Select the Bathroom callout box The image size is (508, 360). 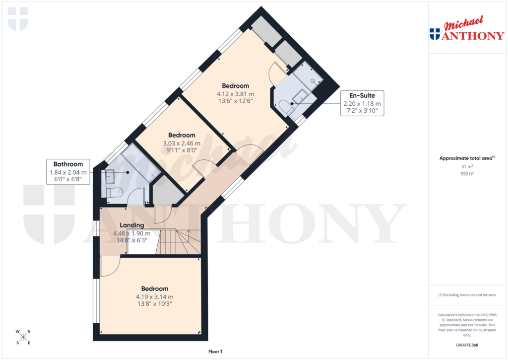click(68, 172)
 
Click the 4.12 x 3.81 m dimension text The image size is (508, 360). click(236, 93)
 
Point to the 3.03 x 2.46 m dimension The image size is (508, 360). click(182, 143)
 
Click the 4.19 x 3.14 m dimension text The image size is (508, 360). click(155, 297)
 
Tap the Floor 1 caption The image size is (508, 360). click(215, 352)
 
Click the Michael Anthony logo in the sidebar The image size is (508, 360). click(466, 30)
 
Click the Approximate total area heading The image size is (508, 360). click(466, 158)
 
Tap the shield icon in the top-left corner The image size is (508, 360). click(18, 18)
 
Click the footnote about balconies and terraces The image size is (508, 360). click(467, 295)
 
